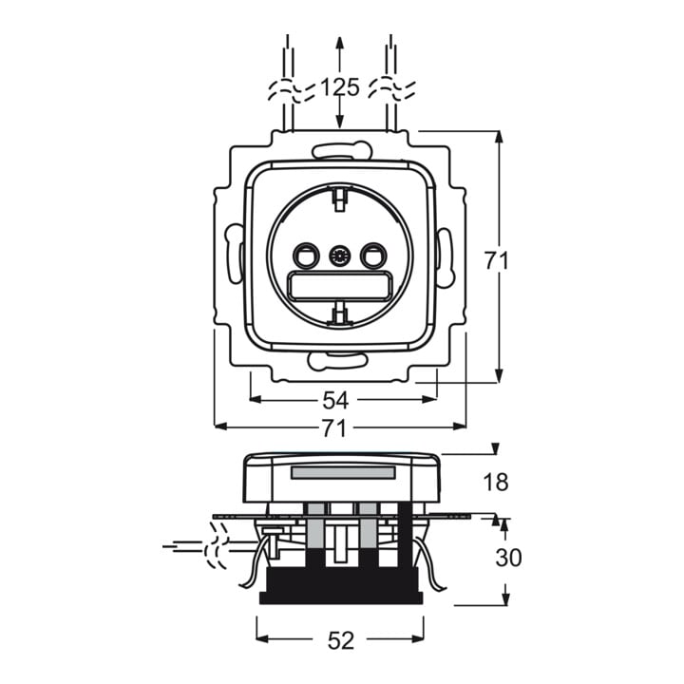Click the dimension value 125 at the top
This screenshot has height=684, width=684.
(x=340, y=86)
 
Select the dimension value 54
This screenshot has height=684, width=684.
(x=335, y=400)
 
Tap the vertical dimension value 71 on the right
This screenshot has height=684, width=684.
(x=497, y=261)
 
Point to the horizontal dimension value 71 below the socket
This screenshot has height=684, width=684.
(x=334, y=427)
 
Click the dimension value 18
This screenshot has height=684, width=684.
(x=496, y=482)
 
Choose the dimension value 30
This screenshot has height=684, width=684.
(x=508, y=558)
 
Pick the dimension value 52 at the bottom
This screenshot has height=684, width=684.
(x=341, y=641)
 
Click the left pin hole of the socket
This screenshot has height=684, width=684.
(x=306, y=256)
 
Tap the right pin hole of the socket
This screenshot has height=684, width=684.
(x=373, y=256)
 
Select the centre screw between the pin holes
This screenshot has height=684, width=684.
(x=340, y=256)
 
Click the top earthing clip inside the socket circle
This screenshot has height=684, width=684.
(x=339, y=199)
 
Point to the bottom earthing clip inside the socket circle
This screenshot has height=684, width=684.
(x=341, y=313)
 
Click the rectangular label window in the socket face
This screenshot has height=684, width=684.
(x=340, y=286)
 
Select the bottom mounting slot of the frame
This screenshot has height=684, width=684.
(x=336, y=361)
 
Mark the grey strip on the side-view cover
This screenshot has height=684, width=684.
(x=343, y=472)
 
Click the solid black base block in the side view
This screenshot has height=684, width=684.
(x=341, y=586)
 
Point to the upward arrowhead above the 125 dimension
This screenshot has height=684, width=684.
(x=340, y=43)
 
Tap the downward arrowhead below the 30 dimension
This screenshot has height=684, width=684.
(x=505, y=598)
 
